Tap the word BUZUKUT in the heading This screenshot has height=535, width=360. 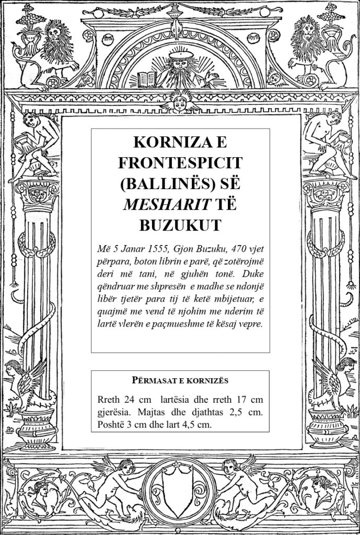(x=180, y=225)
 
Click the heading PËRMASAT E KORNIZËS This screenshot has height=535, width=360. (x=180, y=380)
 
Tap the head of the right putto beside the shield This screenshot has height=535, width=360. (x=230, y=465)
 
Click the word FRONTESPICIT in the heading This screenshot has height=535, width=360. (x=180, y=164)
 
